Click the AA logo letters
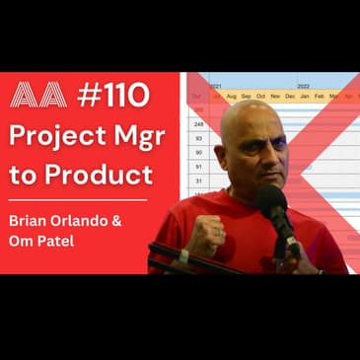tap(37, 95)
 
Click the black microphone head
tap(272, 202)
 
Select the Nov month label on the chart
tap(275, 96)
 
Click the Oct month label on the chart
tap(260, 96)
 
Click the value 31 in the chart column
tap(198, 180)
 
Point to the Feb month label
tap(320, 96)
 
